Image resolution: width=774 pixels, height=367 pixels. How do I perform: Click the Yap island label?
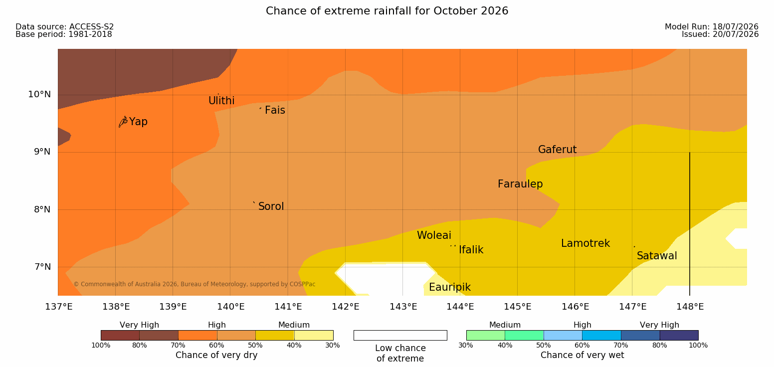(x=138, y=122)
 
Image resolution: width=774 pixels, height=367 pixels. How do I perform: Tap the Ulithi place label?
(x=221, y=101)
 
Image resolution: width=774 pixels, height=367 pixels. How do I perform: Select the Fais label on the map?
(x=275, y=110)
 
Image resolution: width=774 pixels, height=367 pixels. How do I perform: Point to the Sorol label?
(x=271, y=206)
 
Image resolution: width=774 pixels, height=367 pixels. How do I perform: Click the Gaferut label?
(x=558, y=149)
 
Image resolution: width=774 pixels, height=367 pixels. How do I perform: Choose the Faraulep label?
(x=520, y=184)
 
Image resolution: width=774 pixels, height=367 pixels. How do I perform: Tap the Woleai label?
(x=434, y=235)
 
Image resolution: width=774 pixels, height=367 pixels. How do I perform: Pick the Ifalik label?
(x=471, y=249)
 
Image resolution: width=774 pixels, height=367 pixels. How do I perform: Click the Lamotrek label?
(x=585, y=243)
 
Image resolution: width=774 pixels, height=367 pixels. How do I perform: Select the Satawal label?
(x=657, y=256)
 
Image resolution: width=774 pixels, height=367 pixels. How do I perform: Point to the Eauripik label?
(x=449, y=287)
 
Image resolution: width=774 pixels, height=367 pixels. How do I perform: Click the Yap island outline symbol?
(x=123, y=122)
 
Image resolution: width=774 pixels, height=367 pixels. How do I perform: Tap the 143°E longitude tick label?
(x=403, y=307)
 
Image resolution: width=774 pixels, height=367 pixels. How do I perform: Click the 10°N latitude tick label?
(x=39, y=94)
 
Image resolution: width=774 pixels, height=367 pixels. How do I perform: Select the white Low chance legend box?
(x=400, y=335)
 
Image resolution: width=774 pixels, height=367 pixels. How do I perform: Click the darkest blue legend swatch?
(x=679, y=335)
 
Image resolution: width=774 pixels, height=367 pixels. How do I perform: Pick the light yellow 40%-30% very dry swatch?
(x=313, y=335)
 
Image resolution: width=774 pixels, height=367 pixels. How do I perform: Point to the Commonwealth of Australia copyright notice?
(x=194, y=284)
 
